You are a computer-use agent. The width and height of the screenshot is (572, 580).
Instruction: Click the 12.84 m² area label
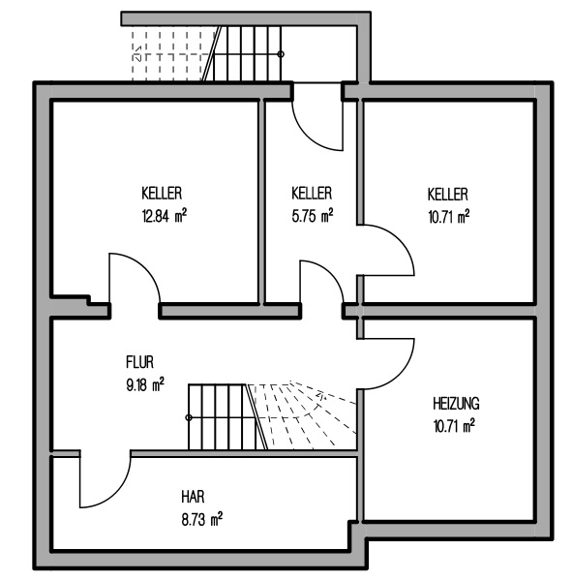(165, 216)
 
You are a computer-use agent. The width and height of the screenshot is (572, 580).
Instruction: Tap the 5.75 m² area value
(313, 216)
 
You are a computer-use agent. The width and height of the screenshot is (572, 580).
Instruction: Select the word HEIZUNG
(456, 404)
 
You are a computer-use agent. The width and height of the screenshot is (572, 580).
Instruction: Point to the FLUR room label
(139, 362)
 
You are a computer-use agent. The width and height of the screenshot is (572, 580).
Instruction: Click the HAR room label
(193, 497)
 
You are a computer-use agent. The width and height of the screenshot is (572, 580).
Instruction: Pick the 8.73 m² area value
(202, 519)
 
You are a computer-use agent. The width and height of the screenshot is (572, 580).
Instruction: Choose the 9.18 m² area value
(145, 384)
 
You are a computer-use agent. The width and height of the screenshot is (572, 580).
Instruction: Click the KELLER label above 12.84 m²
(162, 194)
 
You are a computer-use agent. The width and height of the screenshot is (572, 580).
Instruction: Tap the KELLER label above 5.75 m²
(312, 194)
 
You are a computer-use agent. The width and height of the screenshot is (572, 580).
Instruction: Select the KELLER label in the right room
(448, 195)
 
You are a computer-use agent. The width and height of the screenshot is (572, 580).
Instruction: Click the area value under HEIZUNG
(454, 426)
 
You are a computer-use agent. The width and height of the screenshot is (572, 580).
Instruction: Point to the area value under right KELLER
(449, 217)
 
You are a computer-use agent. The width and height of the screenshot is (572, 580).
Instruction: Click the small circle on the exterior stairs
(281, 54)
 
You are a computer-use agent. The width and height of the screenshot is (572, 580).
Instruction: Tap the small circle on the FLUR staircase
(189, 417)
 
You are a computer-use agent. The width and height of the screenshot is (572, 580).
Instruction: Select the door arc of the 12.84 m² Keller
(145, 268)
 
